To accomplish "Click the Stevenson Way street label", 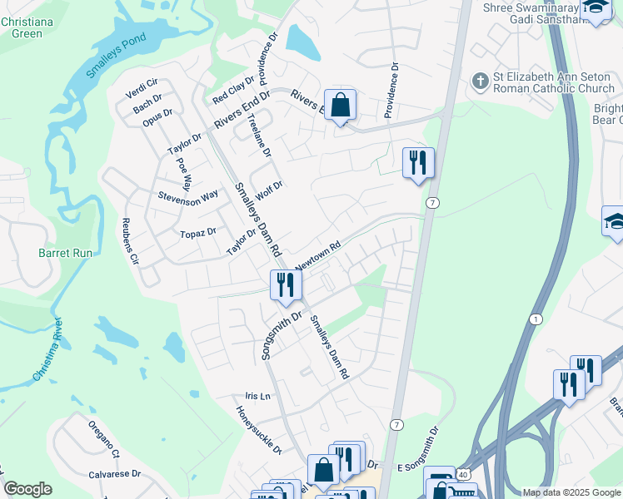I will point(187,195).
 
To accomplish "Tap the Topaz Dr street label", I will point(198,234).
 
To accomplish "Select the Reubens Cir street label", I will point(130,240).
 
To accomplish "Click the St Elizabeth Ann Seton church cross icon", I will point(479,81).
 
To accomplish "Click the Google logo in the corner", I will point(27,489).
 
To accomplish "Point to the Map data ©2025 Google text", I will point(571,492).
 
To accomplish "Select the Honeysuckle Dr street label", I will point(259,428).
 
